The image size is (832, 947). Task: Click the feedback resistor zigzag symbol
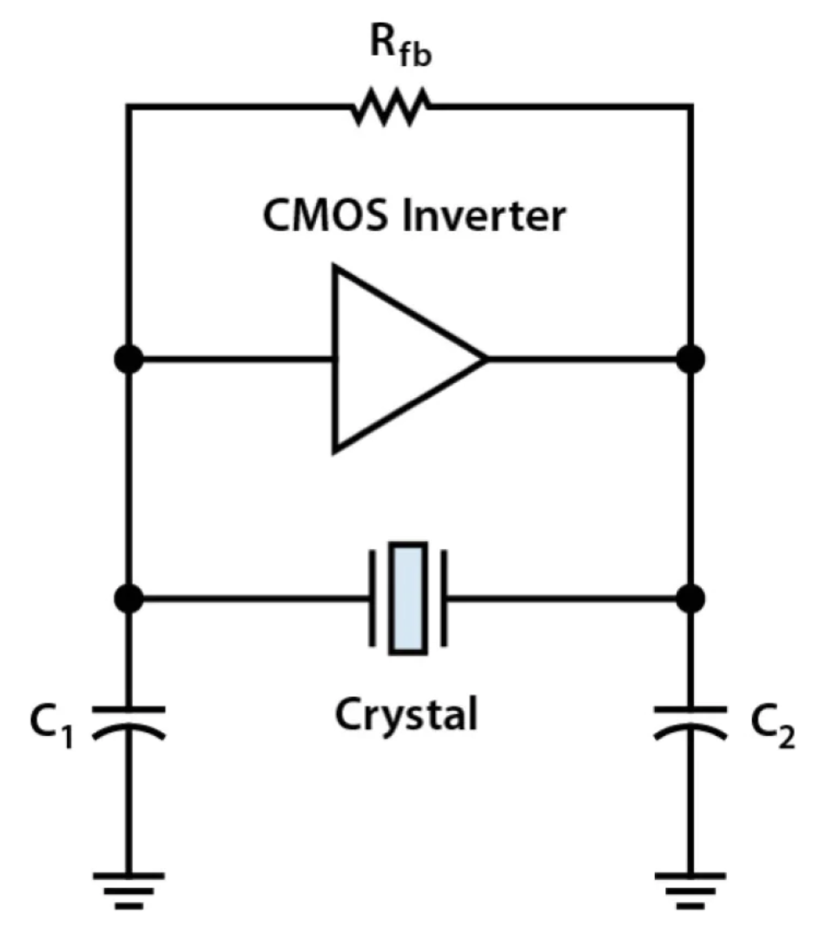click(x=391, y=107)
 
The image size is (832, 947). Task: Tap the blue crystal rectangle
click(x=408, y=598)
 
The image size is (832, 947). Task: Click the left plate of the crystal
click(x=373, y=598)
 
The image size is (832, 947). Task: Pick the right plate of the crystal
click(x=444, y=598)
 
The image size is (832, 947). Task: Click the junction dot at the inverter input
click(x=129, y=359)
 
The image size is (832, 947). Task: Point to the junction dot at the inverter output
click(x=690, y=359)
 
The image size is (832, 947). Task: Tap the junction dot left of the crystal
click(x=129, y=598)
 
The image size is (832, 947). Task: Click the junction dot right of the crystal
click(x=690, y=598)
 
